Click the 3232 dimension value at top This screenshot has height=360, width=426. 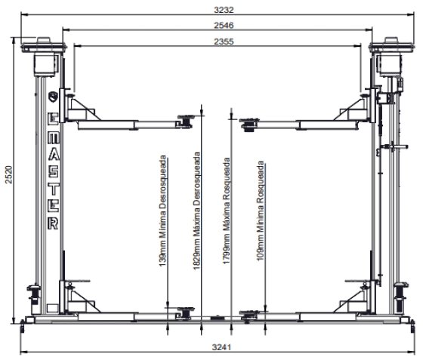[224, 10]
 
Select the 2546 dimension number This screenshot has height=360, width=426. [224, 25]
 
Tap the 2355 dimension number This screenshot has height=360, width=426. [224, 42]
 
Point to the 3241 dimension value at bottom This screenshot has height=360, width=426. [222, 347]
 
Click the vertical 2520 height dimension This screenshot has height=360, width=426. [9, 174]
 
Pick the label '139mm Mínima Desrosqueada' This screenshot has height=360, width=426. [162, 211]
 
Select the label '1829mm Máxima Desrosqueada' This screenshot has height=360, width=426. [196, 211]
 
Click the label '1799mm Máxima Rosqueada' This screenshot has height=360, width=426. [227, 211]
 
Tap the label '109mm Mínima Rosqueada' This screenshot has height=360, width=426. [261, 211]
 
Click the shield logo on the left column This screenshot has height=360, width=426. [53, 97]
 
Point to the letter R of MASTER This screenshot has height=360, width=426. [53, 223]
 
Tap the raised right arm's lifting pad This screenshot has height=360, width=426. [248, 124]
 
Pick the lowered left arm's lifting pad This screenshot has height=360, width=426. [186, 312]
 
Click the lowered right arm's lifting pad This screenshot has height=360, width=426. [248, 315]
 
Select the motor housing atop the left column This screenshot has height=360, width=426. [45, 65]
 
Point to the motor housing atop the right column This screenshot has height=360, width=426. [389, 65]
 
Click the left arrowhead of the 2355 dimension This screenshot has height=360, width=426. [77, 46]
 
